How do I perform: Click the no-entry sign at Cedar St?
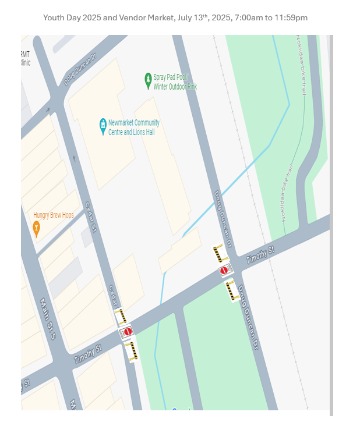[128, 332]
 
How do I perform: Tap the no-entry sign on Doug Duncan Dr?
[225, 271]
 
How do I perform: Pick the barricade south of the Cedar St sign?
[133, 350]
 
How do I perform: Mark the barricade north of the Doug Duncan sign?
[219, 254]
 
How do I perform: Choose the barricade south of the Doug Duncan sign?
[232, 290]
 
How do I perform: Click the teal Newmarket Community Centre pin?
[103, 125]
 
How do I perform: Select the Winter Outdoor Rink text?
[175, 87]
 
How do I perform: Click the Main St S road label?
[47, 320]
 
